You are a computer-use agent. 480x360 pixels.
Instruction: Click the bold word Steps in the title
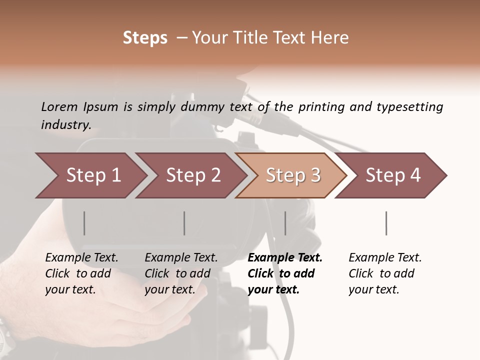145,38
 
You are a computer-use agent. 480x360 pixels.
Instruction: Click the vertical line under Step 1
84,223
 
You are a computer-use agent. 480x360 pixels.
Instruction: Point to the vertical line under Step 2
184,223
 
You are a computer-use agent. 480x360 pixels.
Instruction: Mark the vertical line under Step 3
285,223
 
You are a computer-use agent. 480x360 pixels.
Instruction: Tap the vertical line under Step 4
386,223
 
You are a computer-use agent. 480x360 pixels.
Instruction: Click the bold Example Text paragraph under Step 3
285,273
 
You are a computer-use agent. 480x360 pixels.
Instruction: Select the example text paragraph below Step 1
81,273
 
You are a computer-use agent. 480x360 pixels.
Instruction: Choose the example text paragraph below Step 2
181,273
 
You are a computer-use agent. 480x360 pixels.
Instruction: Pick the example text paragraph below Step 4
385,273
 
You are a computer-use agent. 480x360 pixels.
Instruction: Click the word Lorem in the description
59,106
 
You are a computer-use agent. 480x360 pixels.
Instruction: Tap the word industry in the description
66,125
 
